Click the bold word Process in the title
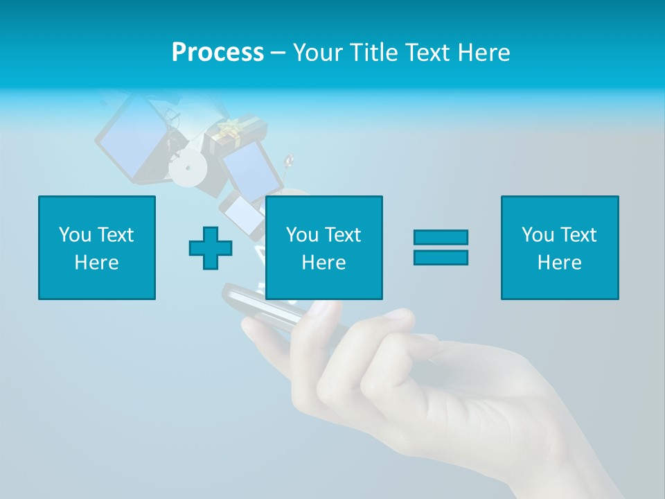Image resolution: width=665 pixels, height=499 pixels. click(x=218, y=53)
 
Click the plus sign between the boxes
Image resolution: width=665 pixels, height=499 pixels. click(x=211, y=248)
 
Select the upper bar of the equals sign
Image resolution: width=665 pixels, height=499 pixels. click(x=441, y=238)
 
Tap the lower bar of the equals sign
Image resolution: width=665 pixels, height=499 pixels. click(x=441, y=257)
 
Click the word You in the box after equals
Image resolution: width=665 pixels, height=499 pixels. click(x=537, y=235)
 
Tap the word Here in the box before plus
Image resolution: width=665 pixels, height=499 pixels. click(x=97, y=263)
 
